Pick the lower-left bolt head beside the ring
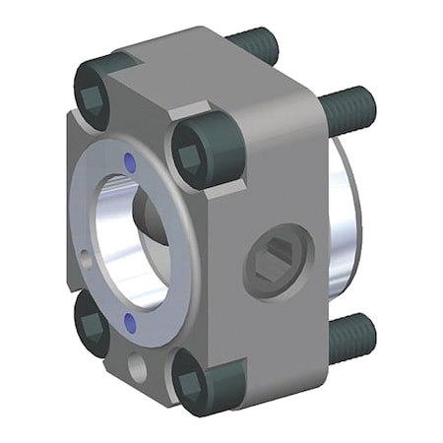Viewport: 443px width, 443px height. coord(93,325)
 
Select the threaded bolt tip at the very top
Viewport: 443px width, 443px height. coord(258,44)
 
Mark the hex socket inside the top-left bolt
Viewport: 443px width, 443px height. coord(94,96)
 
